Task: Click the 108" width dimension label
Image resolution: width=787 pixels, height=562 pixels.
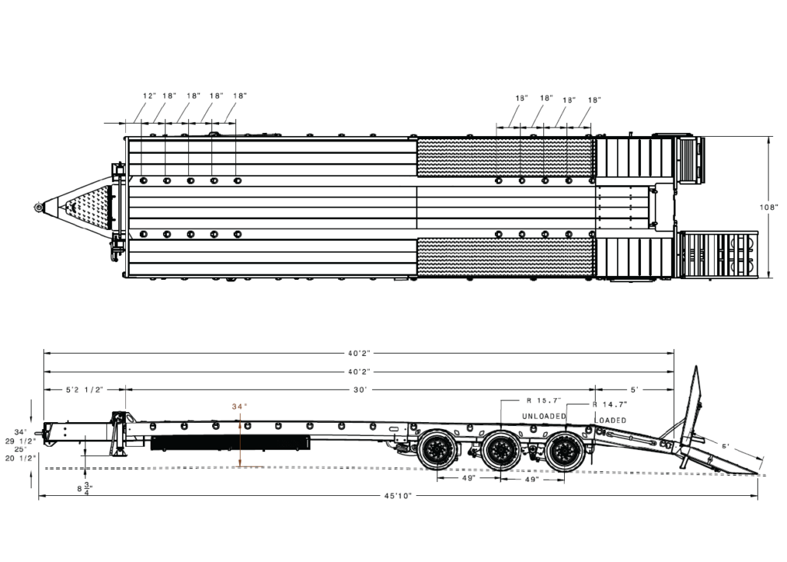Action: coord(769,207)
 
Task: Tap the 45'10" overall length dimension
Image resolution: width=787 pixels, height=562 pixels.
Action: coord(398,496)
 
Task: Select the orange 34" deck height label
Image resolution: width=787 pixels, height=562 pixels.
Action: coord(240,406)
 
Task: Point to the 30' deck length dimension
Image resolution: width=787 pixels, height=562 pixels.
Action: coord(360,389)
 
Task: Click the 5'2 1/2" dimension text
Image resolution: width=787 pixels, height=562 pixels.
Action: coord(85,389)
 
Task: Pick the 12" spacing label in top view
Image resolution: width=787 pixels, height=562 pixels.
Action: coord(150,95)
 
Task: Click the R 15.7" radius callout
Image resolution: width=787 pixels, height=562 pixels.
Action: coord(543,401)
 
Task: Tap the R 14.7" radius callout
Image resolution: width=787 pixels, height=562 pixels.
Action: coord(609,404)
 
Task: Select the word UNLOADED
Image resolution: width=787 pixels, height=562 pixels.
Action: coord(544,417)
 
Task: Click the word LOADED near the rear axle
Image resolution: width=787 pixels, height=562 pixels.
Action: coord(611,421)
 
